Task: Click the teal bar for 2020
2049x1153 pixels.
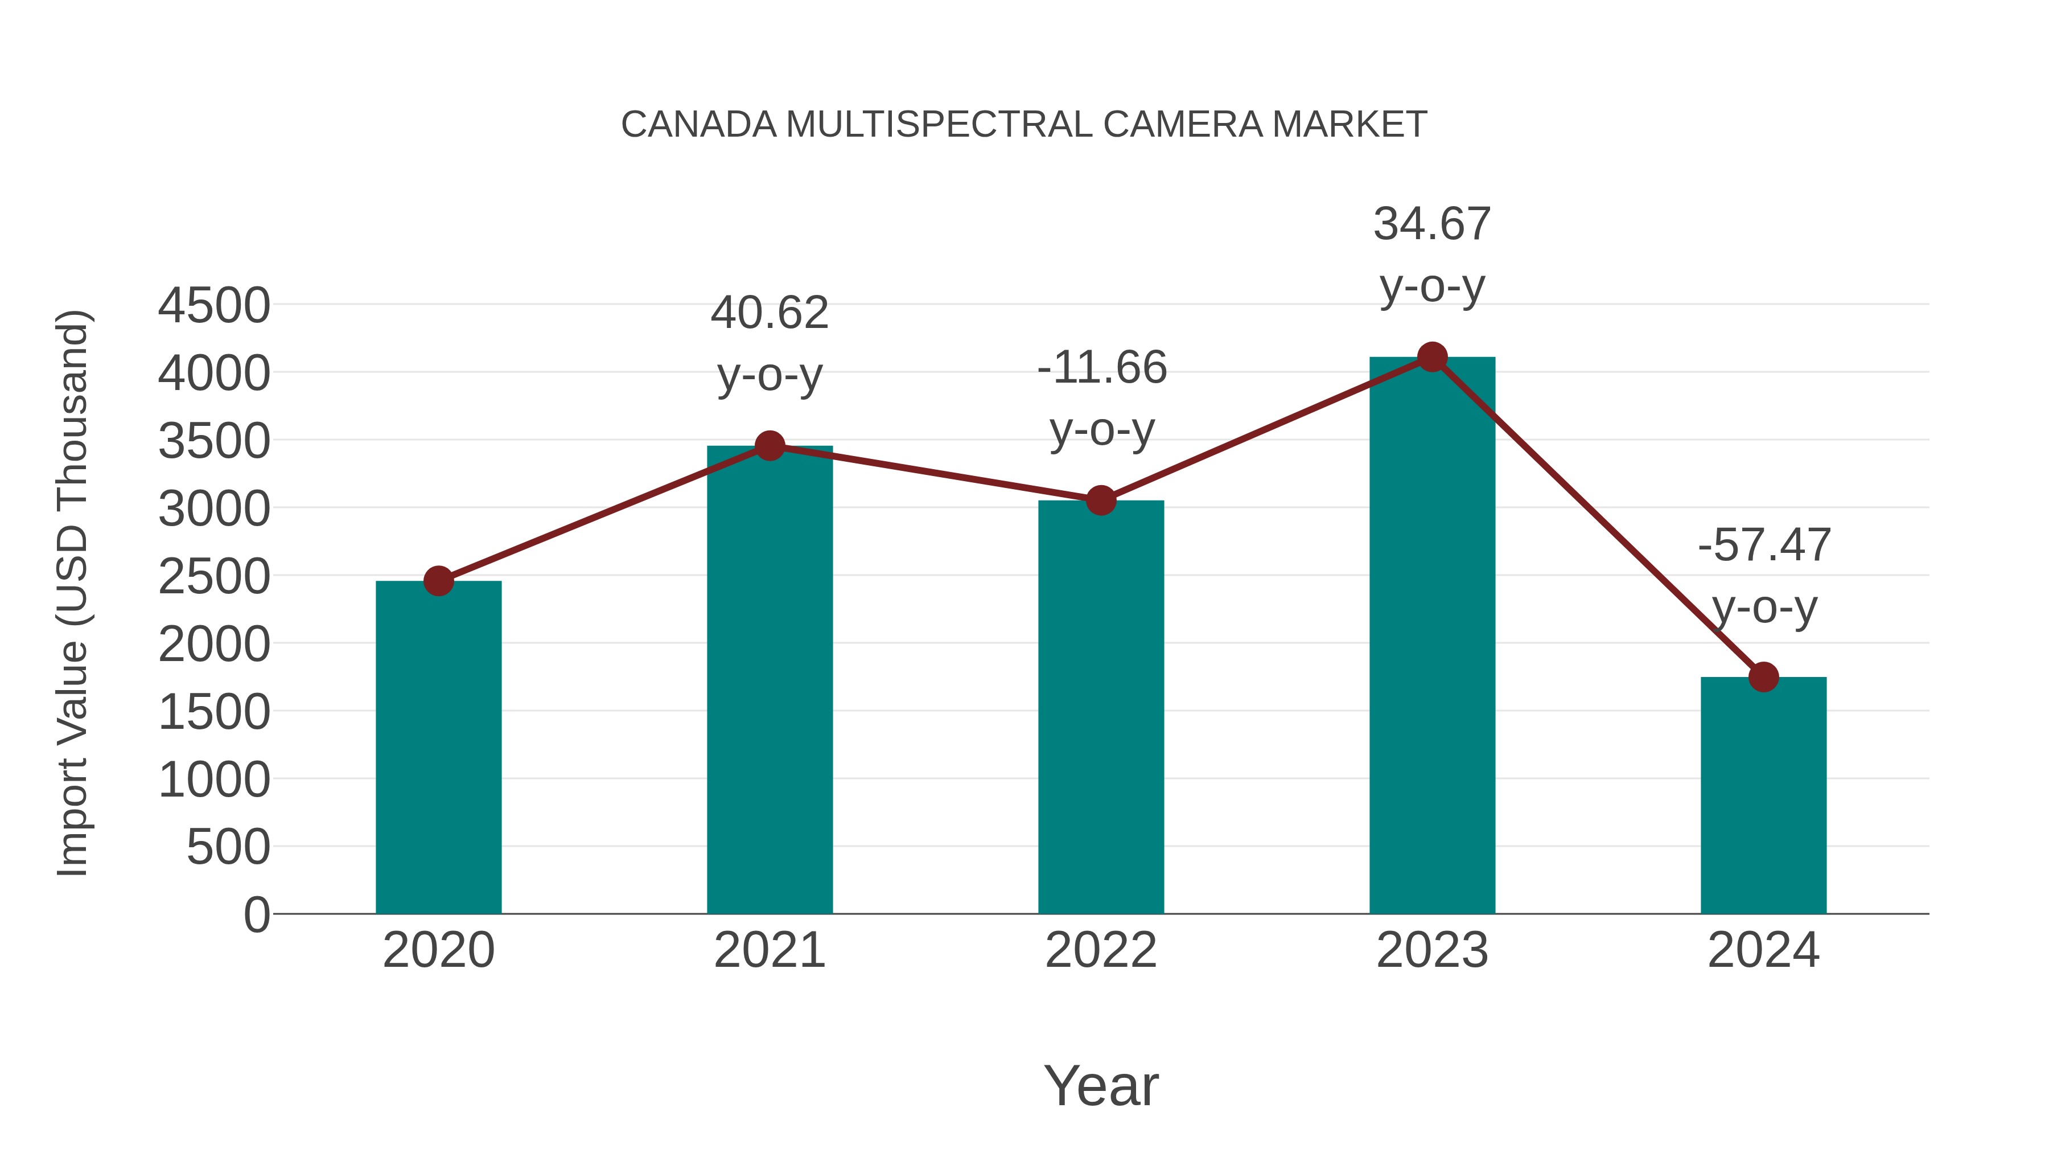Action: coord(438,748)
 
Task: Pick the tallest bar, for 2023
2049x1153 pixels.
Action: coord(1432,636)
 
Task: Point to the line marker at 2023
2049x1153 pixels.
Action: coord(1432,357)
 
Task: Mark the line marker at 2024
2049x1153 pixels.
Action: coord(1763,677)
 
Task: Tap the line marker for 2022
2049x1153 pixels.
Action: coord(1101,500)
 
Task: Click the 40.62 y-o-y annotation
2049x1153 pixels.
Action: coord(769,313)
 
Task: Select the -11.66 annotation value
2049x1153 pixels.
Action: coord(1102,368)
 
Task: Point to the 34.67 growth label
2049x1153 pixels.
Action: coord(1432,224)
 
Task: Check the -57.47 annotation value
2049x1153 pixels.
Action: coord(1764,546)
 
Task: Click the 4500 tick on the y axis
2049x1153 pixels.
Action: coord(214,306)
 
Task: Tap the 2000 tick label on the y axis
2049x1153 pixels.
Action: coord(214,645)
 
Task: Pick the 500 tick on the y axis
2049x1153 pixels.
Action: coord(228,847)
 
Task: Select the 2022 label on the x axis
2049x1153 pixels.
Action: coord(1101,950)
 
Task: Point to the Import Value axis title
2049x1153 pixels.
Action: coord(73,593)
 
